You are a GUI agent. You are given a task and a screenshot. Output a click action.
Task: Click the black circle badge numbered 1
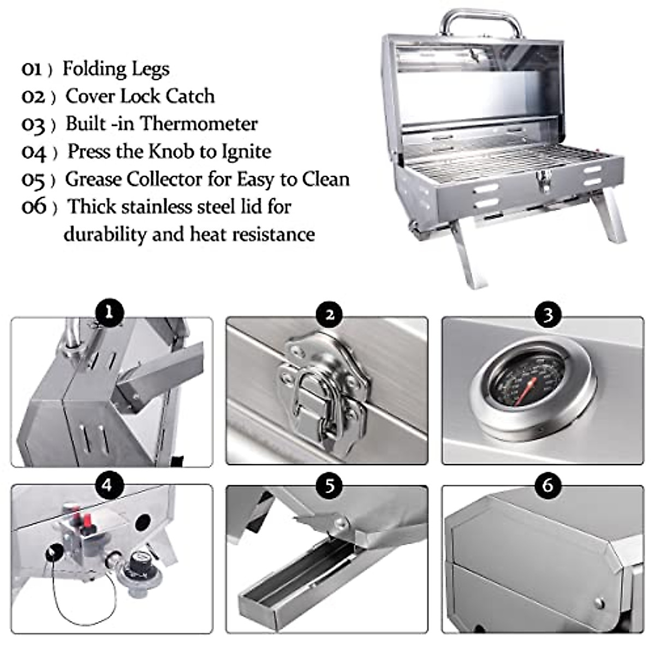[x=109, y=312]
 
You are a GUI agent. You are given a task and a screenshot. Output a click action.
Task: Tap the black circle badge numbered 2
[x=329, y=314]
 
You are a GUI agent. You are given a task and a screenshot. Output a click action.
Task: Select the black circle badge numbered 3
[x=548, y=314]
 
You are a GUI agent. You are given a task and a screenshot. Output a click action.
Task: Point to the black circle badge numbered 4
[x=108, y=484]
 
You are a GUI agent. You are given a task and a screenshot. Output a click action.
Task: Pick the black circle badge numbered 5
[x=329, y=485]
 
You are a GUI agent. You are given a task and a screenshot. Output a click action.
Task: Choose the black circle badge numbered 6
[x=548, y=484]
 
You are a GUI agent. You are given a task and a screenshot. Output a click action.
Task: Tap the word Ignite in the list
[x=246, y=152]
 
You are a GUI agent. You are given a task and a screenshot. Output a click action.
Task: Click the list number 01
[x=32, y=69]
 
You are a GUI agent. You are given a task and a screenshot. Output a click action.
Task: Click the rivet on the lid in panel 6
[x=599, y=603]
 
